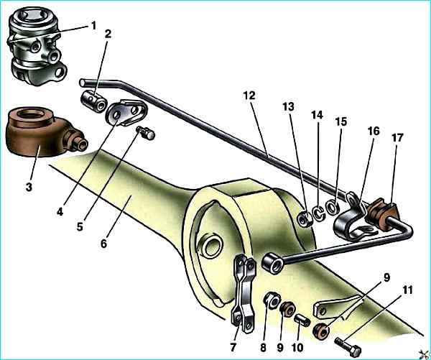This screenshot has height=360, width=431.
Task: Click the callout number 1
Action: point(93,25)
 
